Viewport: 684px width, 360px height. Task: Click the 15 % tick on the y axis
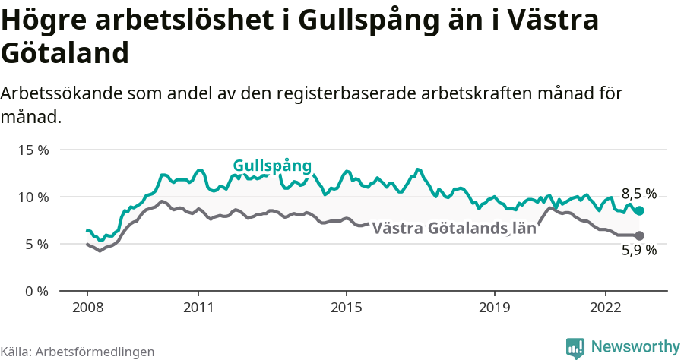click(x=33, y=150)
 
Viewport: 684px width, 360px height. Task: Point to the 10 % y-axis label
click(x=33, y=197)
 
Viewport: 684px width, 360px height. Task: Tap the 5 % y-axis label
click(x=36, y=244)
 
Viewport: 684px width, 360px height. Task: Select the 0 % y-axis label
click(x=36, y=291)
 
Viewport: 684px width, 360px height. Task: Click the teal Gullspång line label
click(x=272, y=166)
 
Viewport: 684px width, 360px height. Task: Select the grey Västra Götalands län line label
click(x=454, y=227)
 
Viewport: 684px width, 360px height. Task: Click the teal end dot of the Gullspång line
click(x=639, y=210)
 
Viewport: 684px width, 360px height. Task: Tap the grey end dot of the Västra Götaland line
click(x=639, y=235)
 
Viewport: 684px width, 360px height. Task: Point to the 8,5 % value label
click(x=638, y=194)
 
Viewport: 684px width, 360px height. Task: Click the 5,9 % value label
click(x=638, y=251)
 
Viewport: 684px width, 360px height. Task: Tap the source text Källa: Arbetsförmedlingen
click(x=78, y=352)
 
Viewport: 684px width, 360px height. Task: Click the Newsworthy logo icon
click(x=575, y=348)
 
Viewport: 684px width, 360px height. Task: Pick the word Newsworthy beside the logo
click(x=635, y=347)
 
